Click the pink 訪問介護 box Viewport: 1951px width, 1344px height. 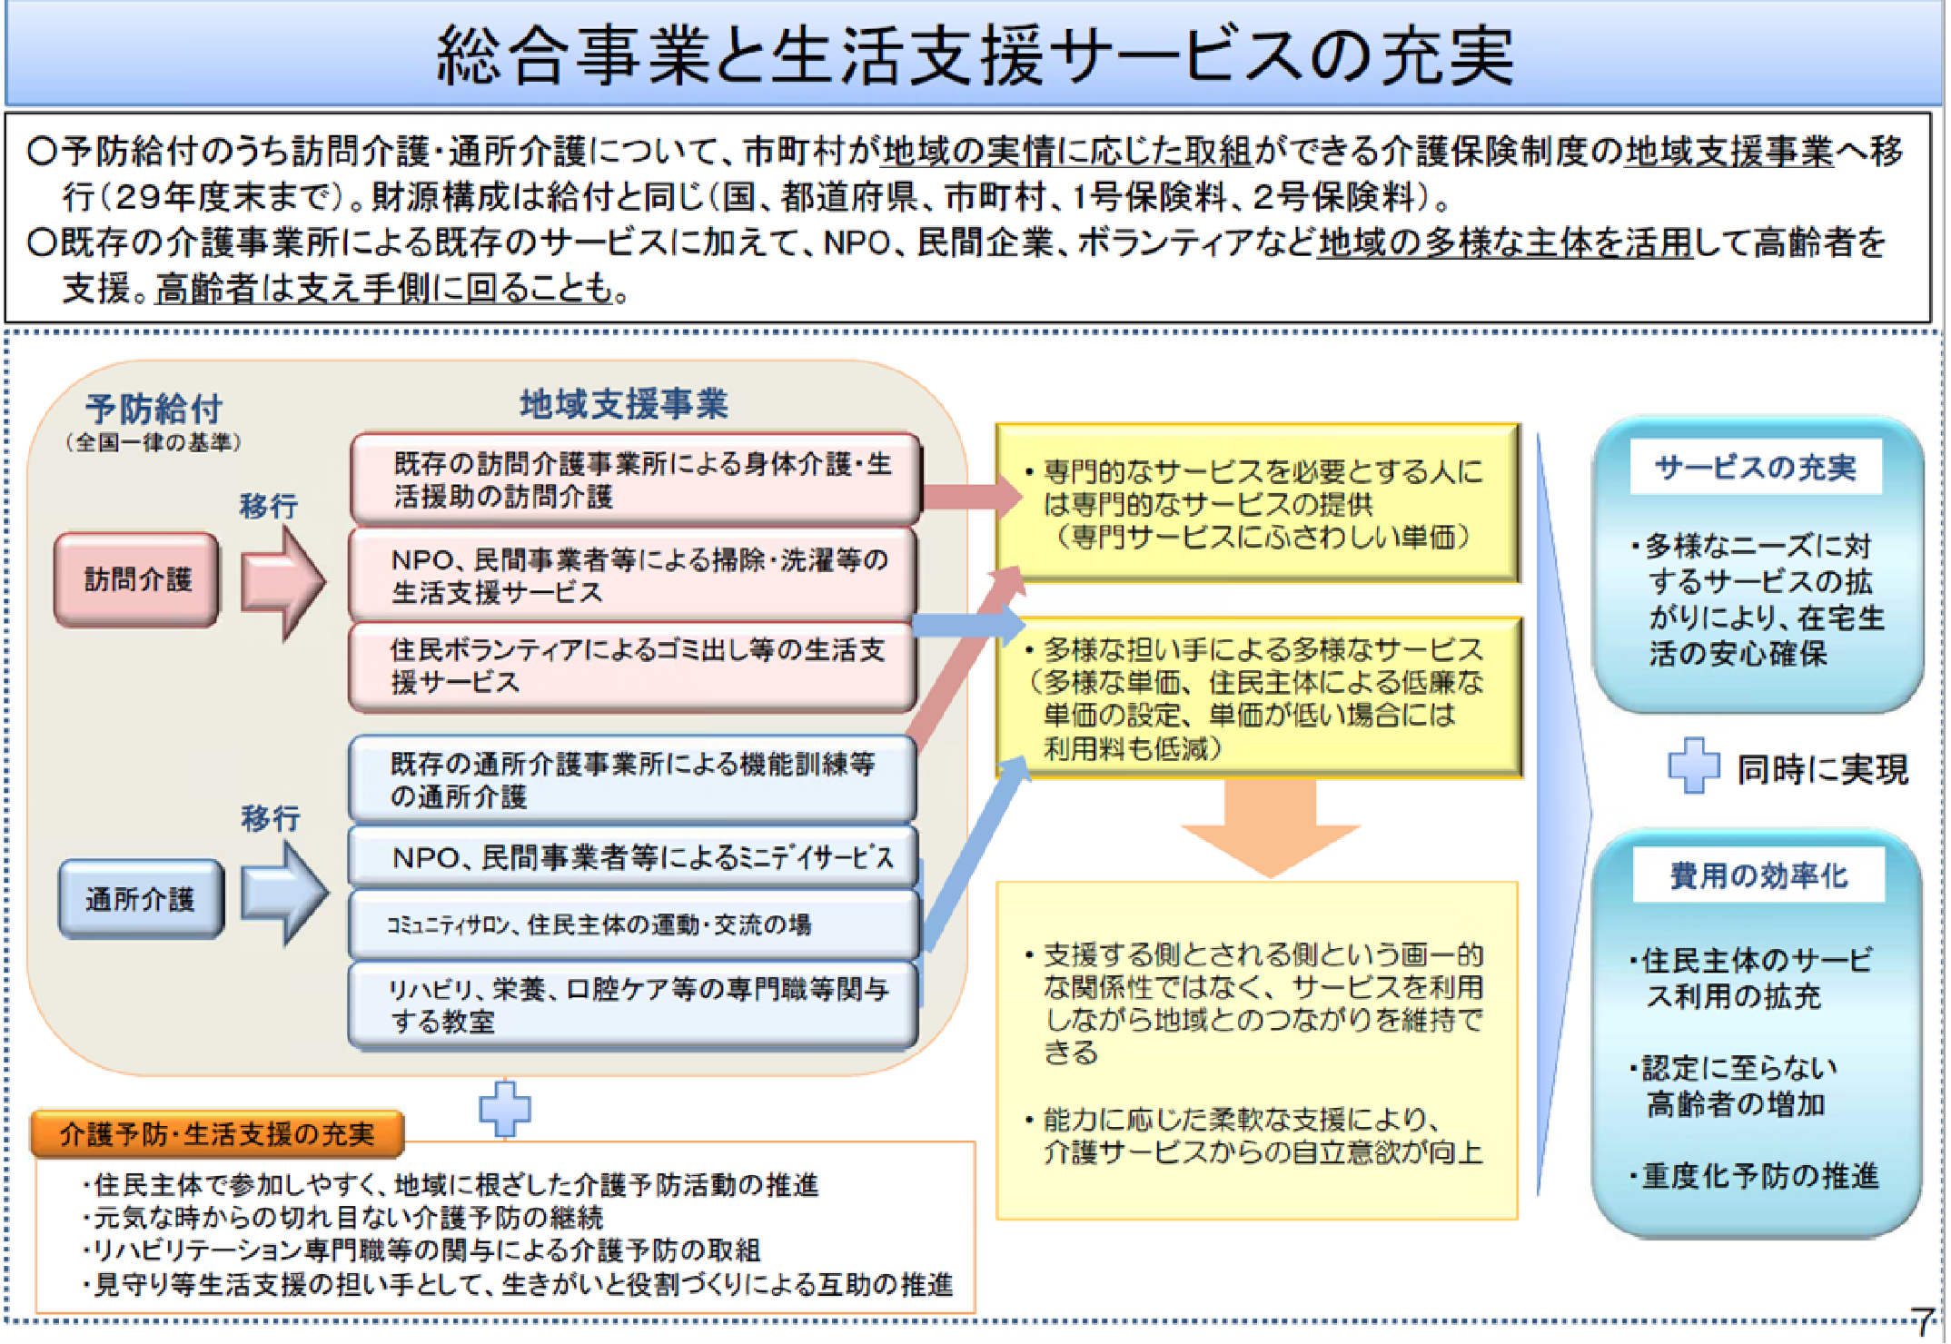coord(136,579)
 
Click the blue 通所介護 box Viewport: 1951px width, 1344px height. coord(141,899)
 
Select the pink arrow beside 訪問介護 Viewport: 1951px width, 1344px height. coord(282,581)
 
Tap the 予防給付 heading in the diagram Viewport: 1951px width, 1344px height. coord(154,409)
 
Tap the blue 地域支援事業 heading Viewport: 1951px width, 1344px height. coord(624,404)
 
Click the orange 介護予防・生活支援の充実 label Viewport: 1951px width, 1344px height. coord(217,1134)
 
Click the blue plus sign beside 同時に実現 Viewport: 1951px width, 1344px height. coord(1694,766)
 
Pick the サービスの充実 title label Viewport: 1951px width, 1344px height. coord(1756,468)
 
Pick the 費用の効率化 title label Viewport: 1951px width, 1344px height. coord(1758,875)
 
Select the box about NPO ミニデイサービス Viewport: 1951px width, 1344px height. coord(633,856)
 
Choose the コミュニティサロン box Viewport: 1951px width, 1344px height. coord(633,924)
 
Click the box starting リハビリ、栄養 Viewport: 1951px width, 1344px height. coord(633,1005)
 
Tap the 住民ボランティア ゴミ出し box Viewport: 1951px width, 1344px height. coord(632,667)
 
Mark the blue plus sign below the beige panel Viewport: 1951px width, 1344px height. coord(505,1108)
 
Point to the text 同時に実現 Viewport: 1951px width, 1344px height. coord(1822,769)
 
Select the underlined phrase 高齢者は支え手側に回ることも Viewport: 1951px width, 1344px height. coord(384,289)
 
